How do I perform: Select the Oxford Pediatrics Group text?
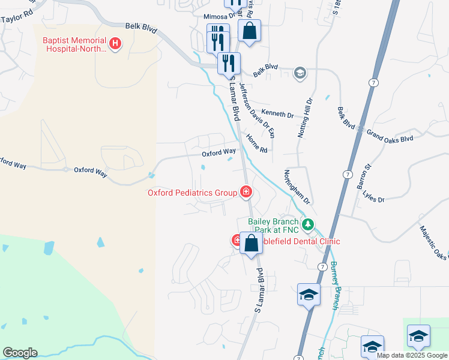point(193,193)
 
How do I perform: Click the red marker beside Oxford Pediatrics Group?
point(246,192)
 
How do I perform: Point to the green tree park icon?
point(308,225)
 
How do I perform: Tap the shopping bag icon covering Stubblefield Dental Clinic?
point(252,243)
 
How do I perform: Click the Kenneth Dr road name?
point(277,115)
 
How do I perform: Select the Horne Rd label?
point(256,144)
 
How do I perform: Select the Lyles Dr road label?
point(373,198)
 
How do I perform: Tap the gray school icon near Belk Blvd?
point(300,74)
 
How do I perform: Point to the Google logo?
point(20,353)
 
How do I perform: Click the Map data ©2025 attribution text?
point(412,355)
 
